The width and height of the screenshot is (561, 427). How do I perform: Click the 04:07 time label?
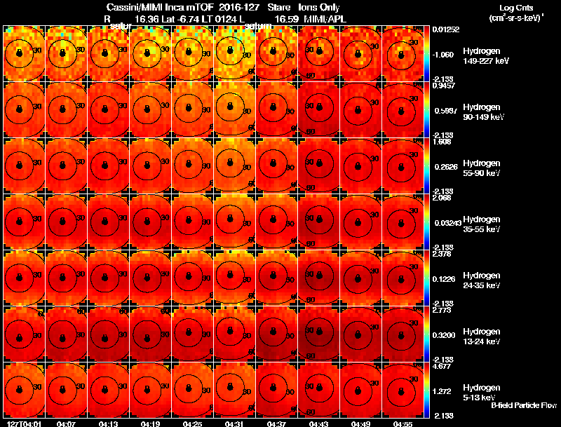[x=67, y=423]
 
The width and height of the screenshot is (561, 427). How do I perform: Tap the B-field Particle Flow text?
[x=523, y=405]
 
